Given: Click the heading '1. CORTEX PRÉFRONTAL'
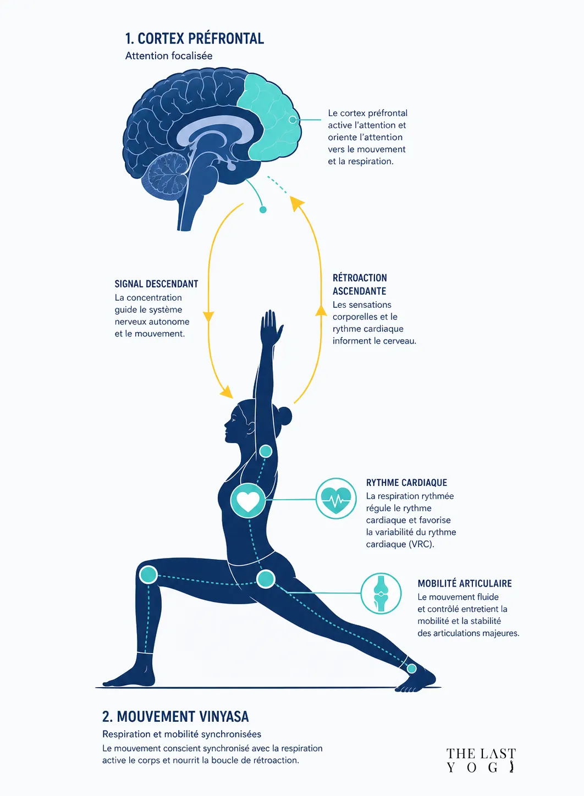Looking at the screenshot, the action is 195,38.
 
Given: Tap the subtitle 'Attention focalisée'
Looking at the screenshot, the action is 169,56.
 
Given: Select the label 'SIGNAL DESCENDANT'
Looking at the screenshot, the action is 156,284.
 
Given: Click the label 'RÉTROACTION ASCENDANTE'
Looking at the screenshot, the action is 360,284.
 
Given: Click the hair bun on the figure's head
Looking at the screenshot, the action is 284,416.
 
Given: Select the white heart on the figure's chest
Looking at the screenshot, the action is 248,500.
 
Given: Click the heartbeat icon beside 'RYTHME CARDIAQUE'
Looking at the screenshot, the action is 336,498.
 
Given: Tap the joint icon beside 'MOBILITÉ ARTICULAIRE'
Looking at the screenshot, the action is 381,593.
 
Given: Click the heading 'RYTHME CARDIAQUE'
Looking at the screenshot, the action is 406,483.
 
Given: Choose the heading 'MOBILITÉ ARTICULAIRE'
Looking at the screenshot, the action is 465,583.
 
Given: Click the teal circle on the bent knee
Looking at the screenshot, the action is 148,574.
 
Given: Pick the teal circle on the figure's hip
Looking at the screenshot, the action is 266,579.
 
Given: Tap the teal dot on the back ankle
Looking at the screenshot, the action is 412,668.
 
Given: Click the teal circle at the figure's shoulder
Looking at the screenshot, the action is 266,451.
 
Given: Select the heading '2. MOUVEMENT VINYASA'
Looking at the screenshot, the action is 175,716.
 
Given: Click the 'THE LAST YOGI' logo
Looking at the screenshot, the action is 481,760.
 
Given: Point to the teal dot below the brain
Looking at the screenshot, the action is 263,209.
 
